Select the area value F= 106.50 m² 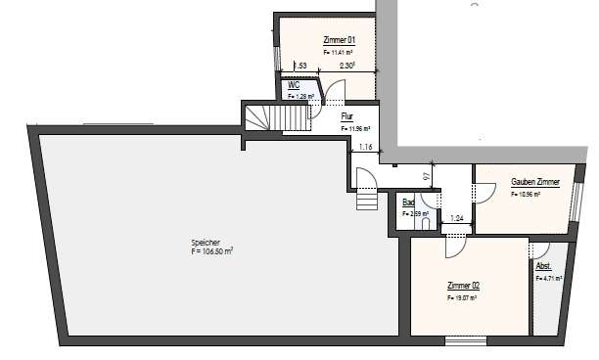[x=211, y=251]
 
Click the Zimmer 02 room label [x=462, y=285]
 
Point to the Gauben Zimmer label [x=535, y=182]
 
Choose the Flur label [x=346, y=116]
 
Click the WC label [x=293, y=85]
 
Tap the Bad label [x=408, y=202]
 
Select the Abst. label [x=544, y=266]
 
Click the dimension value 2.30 [x=346, y=66]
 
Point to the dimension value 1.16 [x=366, y=147]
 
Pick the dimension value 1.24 [x=456, y=219]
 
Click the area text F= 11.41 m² [x=339, y=50]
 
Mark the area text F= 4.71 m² [x=546, y=279]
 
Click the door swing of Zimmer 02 [x=452, y=247]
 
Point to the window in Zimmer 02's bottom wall [x=465, y=339]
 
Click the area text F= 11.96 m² [x=353, y=128]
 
